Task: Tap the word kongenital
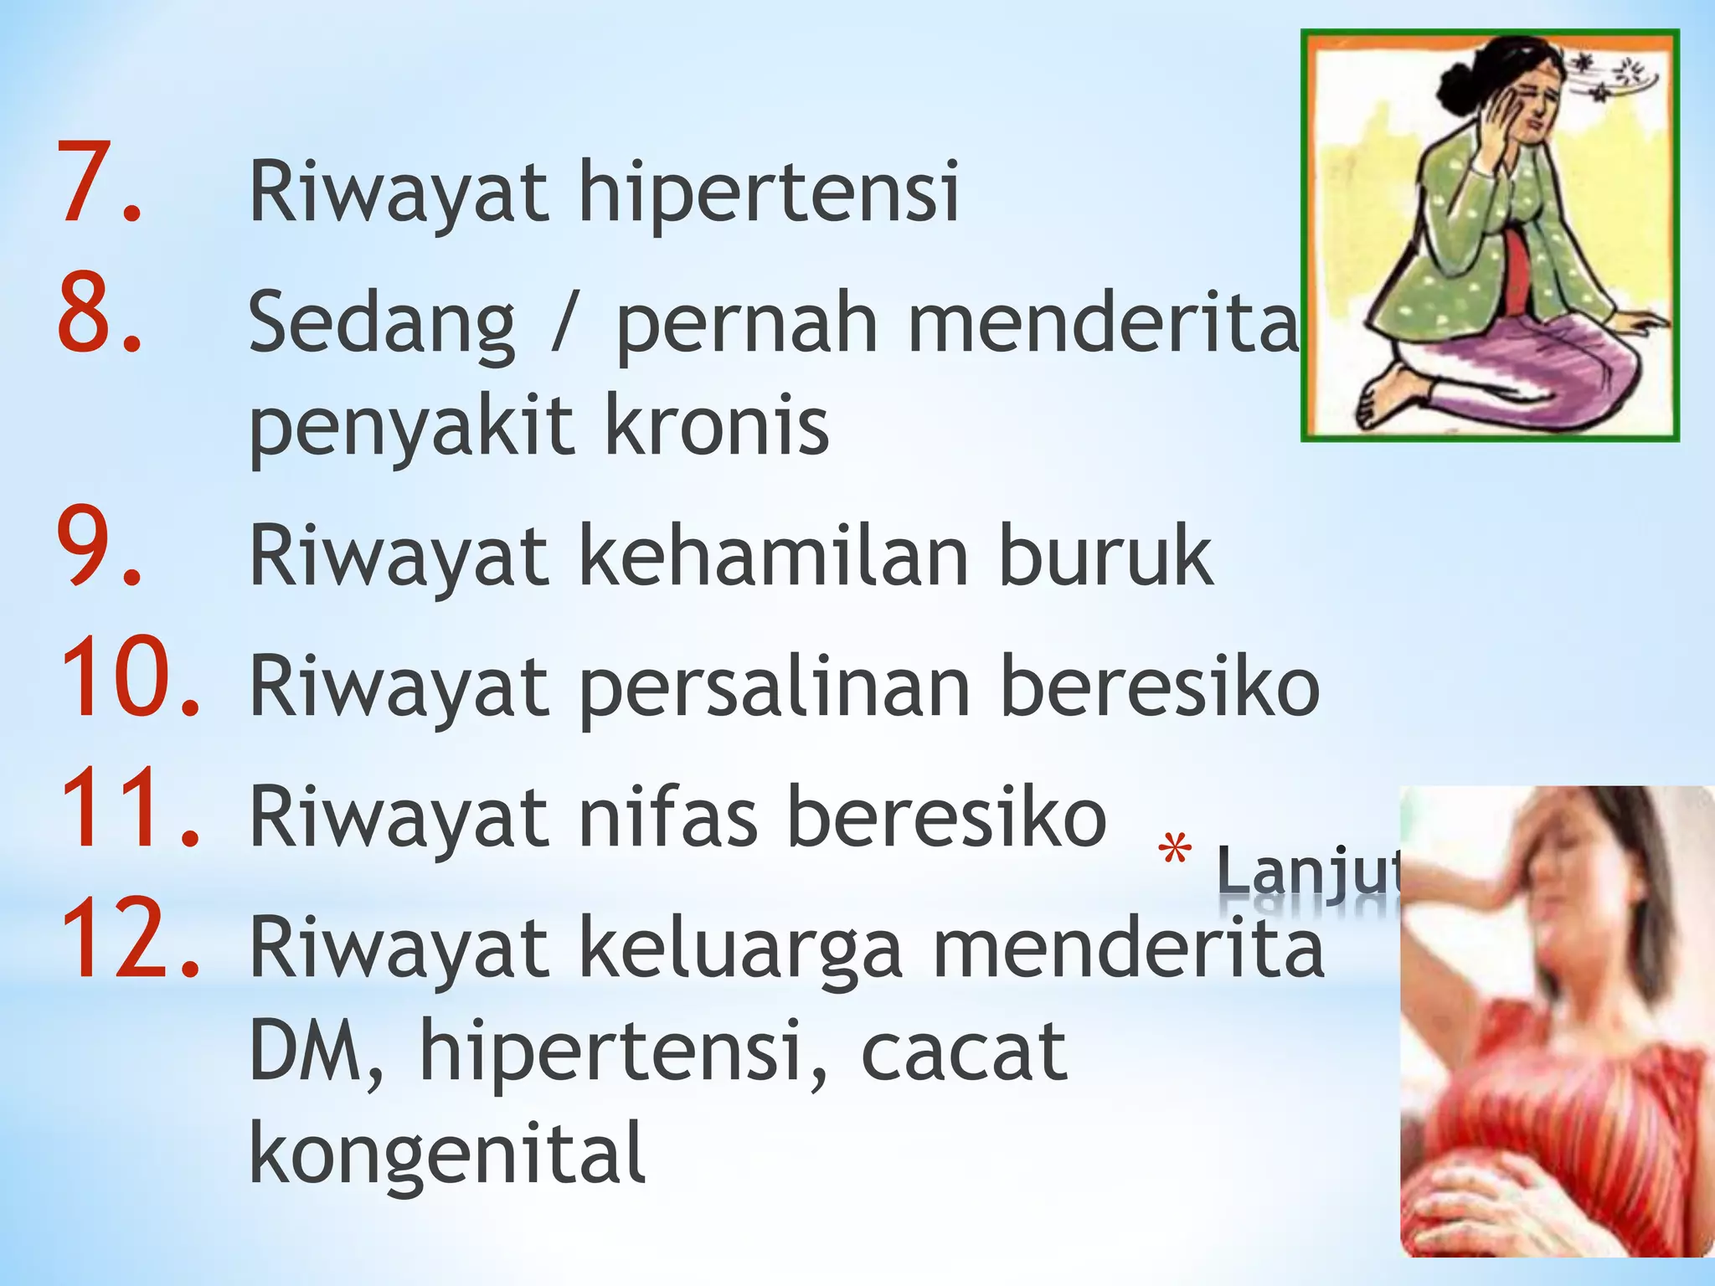[447, 1155]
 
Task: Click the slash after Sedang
[564, 323]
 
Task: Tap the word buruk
[1105, 556]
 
